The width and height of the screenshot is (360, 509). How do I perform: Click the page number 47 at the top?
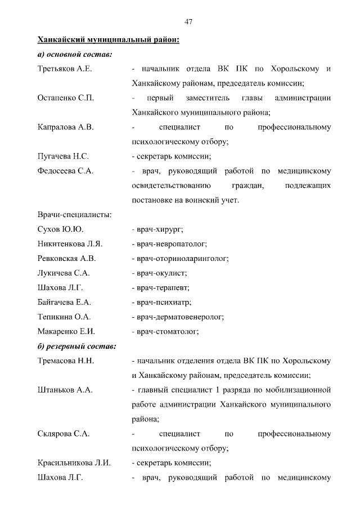pyautogui.click(x=189, y=21)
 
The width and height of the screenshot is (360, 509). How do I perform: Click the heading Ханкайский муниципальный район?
pyautogui.click(x=108, y=40)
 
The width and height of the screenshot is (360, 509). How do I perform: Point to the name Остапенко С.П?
pyautogui.click(x=65, y=98)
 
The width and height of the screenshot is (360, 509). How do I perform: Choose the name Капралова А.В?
pyautogui.click(x=65, y=127)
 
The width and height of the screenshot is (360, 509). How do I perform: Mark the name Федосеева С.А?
pyautogui.click(x=65, y=171)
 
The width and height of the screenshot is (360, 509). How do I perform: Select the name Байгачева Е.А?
pyautogui.click(x=64, y=303)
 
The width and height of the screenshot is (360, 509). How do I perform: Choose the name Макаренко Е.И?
pyautogui.click(x=66, y=332)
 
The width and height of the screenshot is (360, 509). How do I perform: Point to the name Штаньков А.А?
pyautogui.click(x=65, y=390)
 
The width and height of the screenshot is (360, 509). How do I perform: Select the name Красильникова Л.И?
pyautogui.click(x=74, y=463)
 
